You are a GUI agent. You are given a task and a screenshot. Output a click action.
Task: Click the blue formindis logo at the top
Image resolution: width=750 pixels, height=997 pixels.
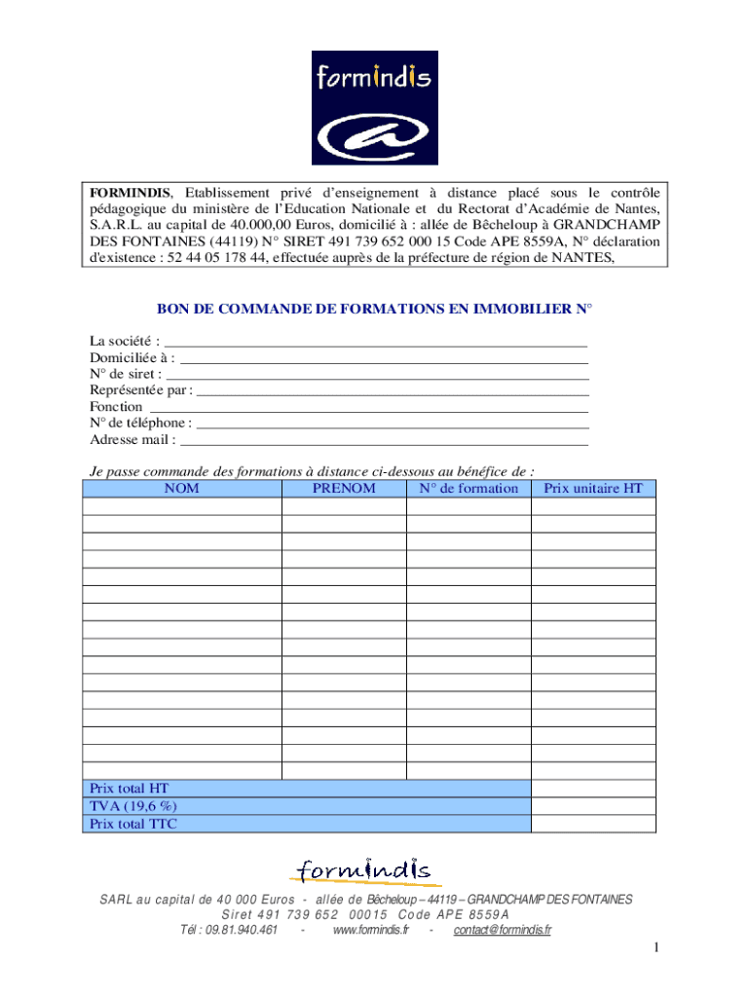[375, 107]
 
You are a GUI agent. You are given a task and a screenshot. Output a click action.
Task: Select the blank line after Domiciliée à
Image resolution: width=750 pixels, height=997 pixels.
[385, 360]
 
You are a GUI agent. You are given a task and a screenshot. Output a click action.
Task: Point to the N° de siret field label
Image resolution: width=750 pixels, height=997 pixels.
[125, 374]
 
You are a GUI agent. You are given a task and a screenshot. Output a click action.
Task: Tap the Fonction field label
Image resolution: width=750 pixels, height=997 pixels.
[116, 407]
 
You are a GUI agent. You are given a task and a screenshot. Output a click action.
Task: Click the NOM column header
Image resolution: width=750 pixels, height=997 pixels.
[182, 489]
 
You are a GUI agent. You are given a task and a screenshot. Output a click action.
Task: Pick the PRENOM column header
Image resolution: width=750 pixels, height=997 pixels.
[344, 489]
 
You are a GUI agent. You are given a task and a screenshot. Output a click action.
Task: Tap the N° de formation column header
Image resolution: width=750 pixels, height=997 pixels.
[469, 489]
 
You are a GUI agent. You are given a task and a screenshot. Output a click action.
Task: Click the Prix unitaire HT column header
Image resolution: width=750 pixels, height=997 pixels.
[593, 489]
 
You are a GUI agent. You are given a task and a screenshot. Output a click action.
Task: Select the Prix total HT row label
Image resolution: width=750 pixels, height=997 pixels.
[130, 789]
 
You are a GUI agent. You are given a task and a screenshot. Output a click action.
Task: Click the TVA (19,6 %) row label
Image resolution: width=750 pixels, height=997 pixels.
[133, 806]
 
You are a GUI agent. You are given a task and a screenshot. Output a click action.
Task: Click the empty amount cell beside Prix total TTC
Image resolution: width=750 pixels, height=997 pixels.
[593, 824]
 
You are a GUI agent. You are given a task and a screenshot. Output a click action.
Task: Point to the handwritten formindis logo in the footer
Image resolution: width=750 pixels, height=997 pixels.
[364, 869]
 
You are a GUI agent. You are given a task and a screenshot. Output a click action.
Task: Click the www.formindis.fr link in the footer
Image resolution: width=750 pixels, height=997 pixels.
[370, 931]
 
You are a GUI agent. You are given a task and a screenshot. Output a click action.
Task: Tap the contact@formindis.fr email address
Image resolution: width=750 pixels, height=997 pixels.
[503, 931]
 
